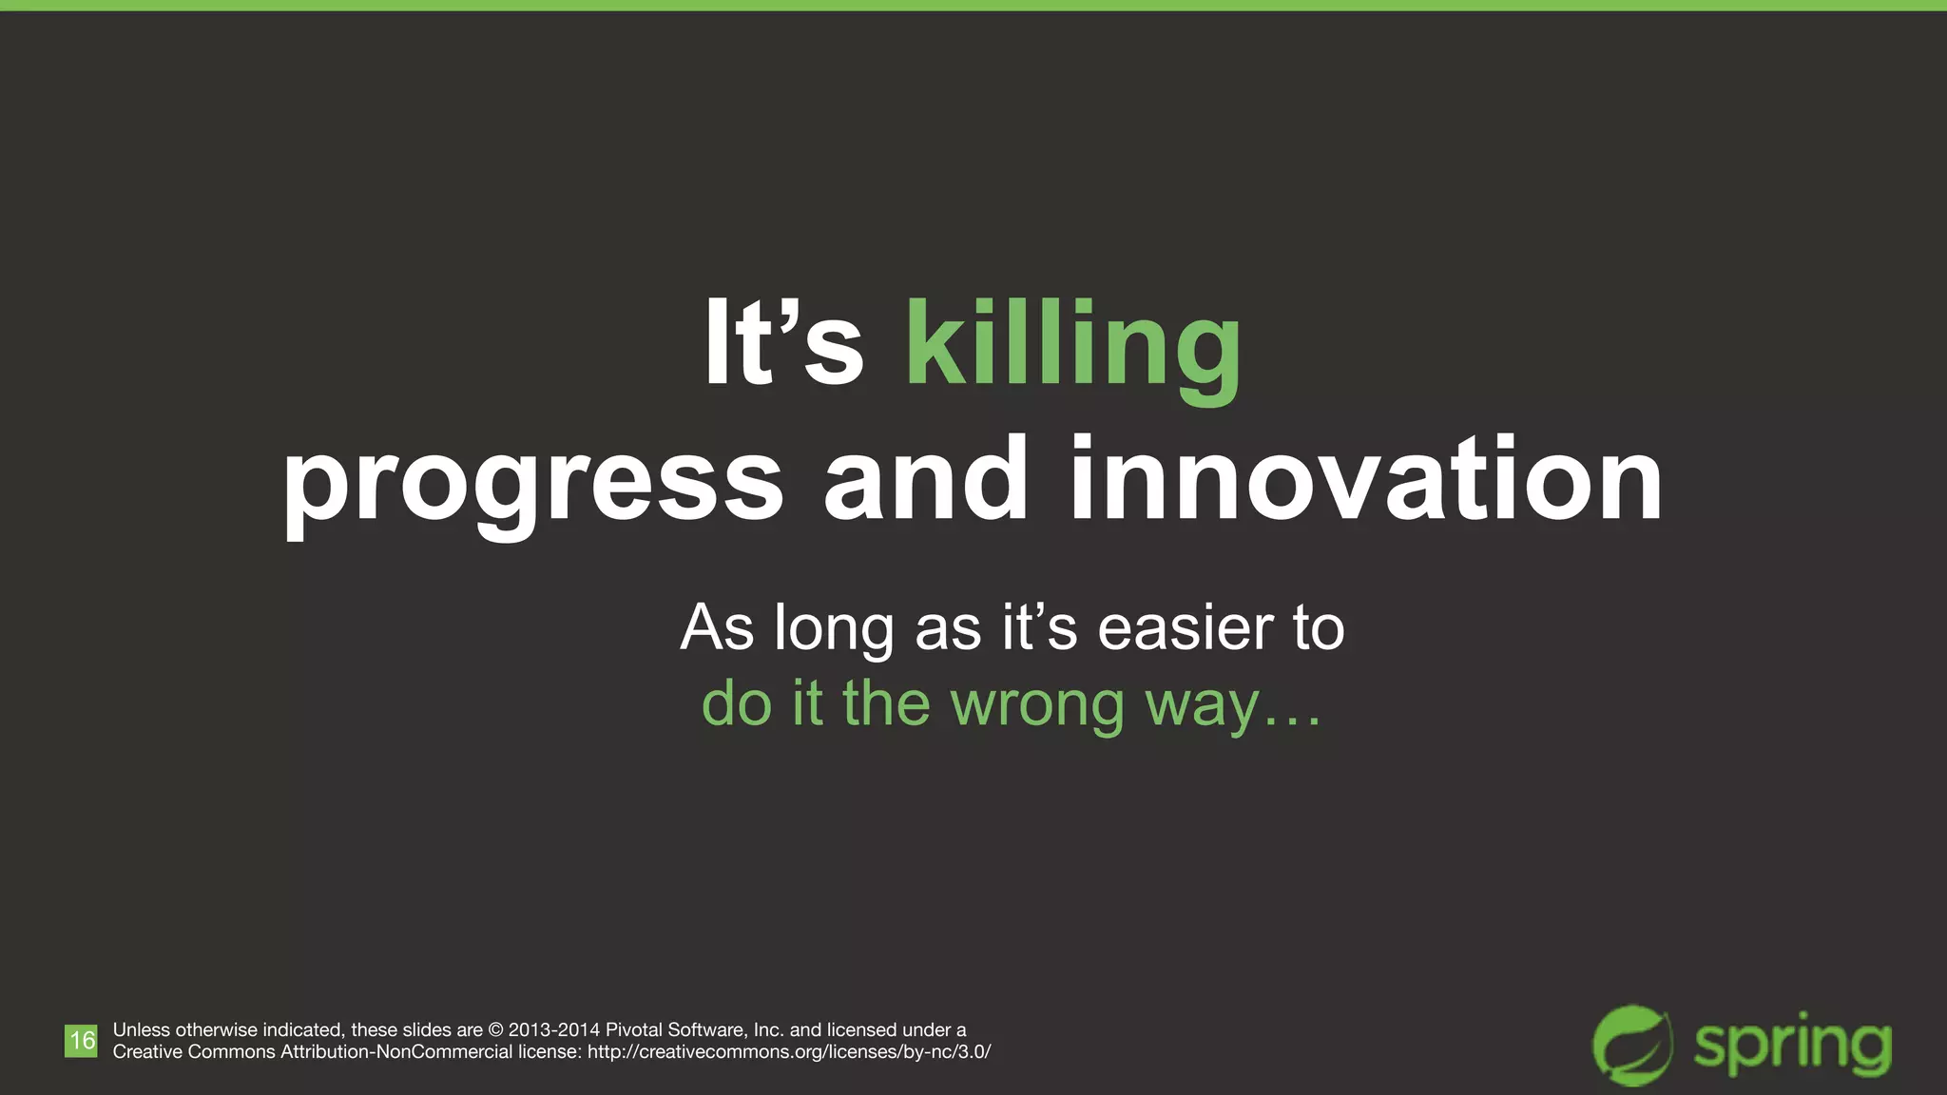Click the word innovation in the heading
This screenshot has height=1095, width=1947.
tap(1366, 479)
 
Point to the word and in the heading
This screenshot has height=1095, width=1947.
tap(926, 479)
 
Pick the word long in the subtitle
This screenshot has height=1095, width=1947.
tap(834, 630)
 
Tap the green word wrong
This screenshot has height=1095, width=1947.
tap(1038, 705)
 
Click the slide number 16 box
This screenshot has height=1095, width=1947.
tap(82, 1041)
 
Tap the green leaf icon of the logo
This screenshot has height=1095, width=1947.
tap(1632, 1045)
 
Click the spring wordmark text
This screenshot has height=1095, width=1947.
tap(1792, 1047)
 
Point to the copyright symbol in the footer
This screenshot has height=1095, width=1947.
tap(495, 1030)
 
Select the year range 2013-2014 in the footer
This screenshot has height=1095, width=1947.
tap(554, 1030)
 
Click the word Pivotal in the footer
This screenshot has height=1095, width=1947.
tap(635, 1030)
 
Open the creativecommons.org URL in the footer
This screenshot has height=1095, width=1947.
tap(789, 1052)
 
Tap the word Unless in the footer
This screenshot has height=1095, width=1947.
tap(141, 1030)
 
